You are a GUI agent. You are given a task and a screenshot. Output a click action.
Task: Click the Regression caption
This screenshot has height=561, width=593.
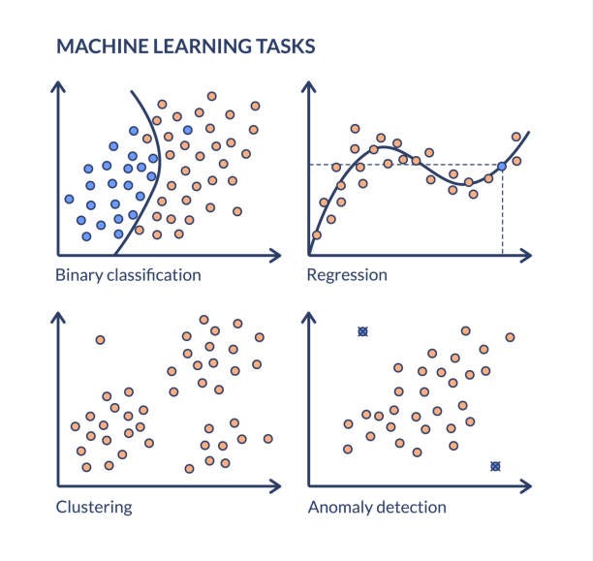(x=346, y=274)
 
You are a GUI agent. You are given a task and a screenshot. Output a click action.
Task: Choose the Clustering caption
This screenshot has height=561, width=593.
(x=94, y=507)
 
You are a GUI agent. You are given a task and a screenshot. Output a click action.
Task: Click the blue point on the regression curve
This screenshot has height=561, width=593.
(x=501, y=167)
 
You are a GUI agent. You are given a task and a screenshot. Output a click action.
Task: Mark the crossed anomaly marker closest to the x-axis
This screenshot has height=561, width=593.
(x=495, y=466)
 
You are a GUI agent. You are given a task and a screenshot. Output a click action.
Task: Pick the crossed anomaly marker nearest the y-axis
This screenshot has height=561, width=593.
(x=362, y=331)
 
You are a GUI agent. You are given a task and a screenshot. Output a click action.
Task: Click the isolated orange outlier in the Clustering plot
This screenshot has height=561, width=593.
(x=100, y=339)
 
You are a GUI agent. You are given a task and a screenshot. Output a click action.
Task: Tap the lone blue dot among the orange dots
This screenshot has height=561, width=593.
(x=187, y=130)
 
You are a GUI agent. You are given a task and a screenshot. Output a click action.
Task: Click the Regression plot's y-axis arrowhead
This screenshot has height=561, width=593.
(x=309, y=85)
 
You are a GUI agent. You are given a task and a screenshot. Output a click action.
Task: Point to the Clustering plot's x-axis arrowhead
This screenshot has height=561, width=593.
(x=278, y=484)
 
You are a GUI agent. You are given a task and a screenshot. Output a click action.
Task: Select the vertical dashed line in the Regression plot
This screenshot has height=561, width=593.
(x=503, y=213)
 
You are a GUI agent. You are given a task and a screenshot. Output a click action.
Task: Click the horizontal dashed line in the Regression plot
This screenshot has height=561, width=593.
(x=407, y=165)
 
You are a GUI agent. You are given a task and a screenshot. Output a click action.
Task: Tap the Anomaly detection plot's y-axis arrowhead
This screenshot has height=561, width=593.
(x=309, y=317)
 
